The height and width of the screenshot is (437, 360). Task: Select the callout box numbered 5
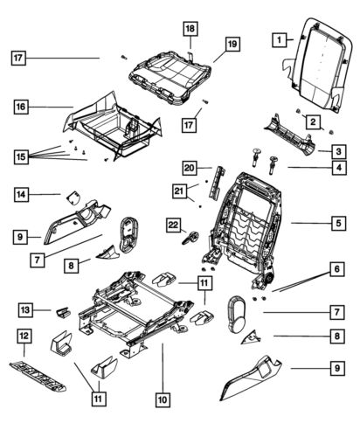pos(337,224)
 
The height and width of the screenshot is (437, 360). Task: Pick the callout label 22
pos(174,225)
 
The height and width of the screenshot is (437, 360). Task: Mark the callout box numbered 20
pos(190,167)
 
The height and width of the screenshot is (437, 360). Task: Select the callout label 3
pos(337,150)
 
